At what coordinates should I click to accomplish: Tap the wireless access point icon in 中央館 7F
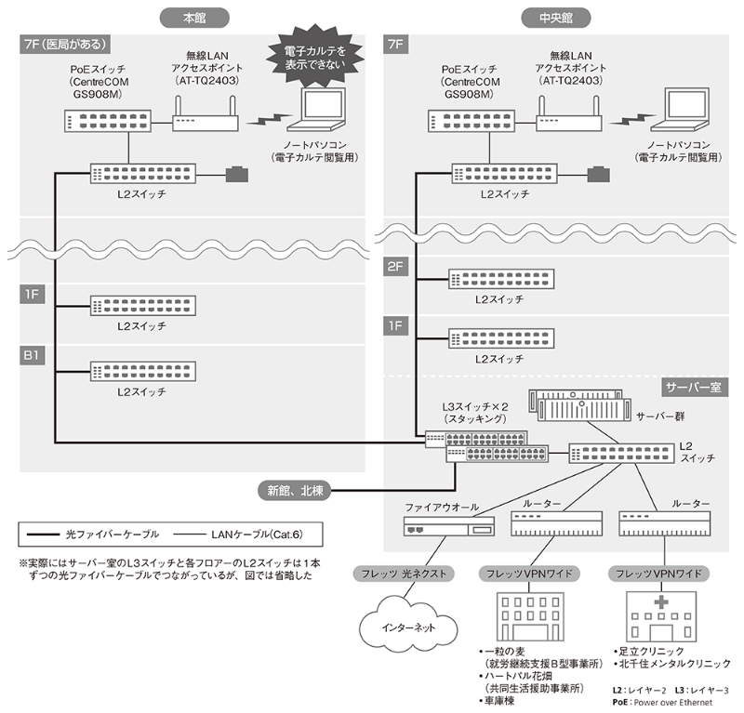(567, 120)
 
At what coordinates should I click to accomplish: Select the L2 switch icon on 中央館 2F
(498, 279)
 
